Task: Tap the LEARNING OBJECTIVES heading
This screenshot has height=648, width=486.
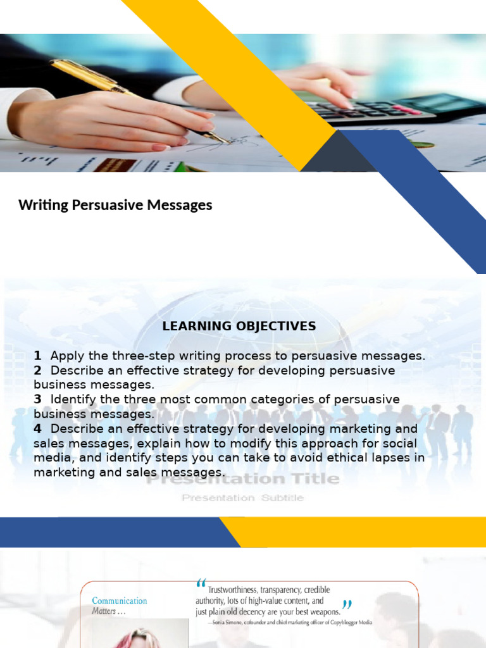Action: (239, 327)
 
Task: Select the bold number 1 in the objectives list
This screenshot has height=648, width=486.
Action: (38, 356)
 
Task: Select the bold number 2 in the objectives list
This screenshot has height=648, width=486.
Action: (38, 370)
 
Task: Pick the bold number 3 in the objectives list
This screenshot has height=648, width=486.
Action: (38, 399)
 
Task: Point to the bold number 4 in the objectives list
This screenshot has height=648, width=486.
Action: (38, 428)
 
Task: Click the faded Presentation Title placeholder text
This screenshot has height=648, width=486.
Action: (243, 479)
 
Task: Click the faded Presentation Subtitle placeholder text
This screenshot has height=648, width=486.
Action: (243, 498)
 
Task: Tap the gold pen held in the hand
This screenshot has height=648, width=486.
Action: (127, 95)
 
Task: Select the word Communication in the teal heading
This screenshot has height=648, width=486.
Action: (120, 601)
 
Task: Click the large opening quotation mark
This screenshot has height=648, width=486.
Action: (201, 583)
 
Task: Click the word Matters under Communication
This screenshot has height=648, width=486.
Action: (104, 611)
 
